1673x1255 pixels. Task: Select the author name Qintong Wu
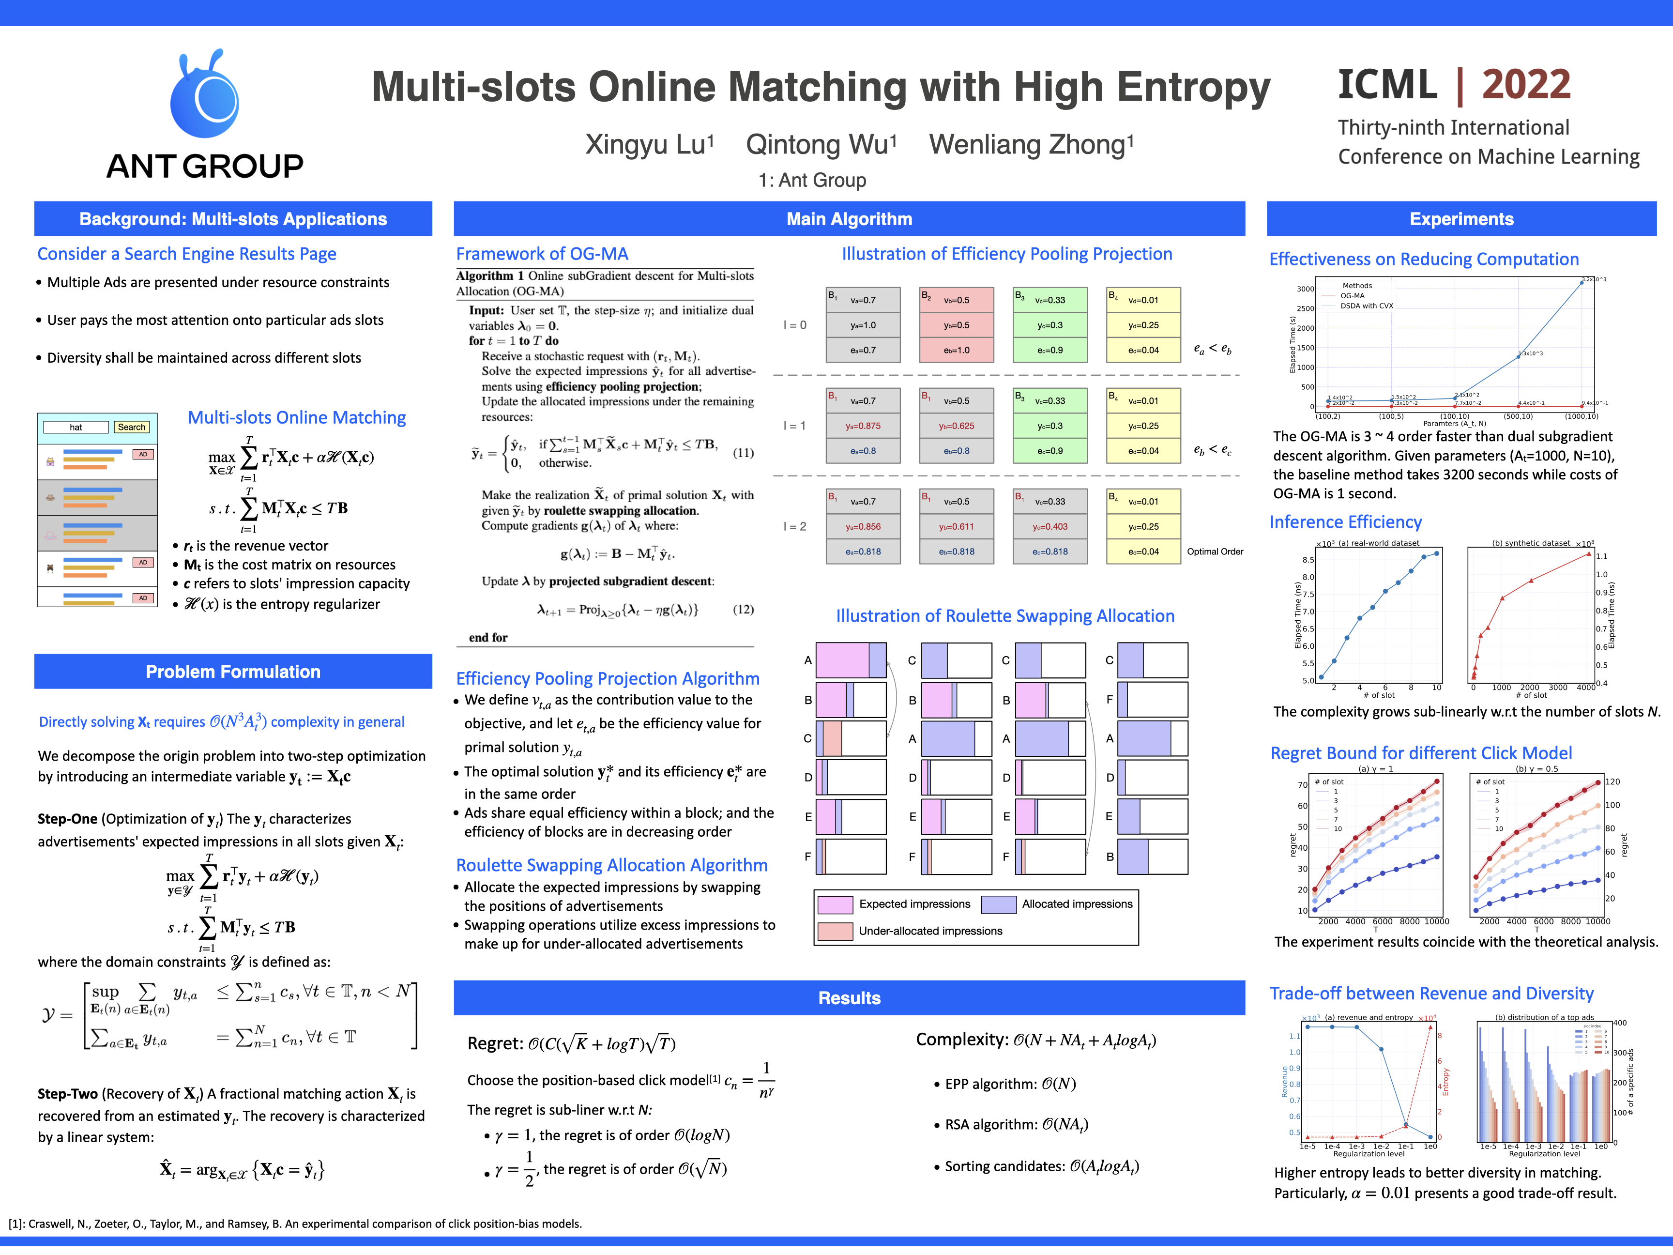point(821,144)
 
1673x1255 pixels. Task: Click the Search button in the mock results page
point(132,428)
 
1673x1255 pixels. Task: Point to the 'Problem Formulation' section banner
point(233,672)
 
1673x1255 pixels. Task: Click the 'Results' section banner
point(849,998)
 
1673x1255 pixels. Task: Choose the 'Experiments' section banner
point(1461,219)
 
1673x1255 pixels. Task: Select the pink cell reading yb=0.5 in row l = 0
point(956,325)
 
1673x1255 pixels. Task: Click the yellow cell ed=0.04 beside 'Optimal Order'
point(1143,551)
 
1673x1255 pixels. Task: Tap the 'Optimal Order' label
point(1215,551)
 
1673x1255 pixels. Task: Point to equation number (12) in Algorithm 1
point(743,609)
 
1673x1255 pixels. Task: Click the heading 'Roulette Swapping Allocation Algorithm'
point(611,865)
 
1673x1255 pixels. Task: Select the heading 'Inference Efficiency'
point(1345,522)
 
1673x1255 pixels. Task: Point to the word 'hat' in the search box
point(76,428)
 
